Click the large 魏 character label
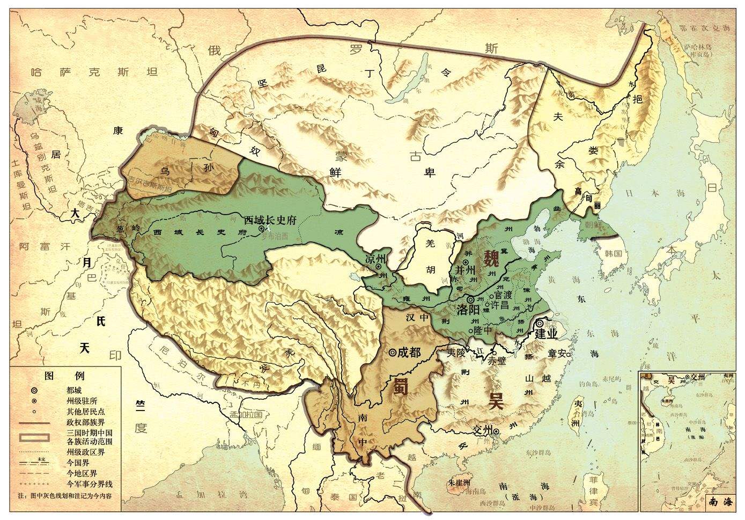click(x=491, y=259)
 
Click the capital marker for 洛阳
click(x=470, y=299)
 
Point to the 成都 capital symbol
click(x=393, y=352)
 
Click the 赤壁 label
click(x=496, y=361)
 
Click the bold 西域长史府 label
click(x=271, y=220)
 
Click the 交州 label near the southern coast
click(x=483, y=430)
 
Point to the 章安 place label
click(x=556, y=353)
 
